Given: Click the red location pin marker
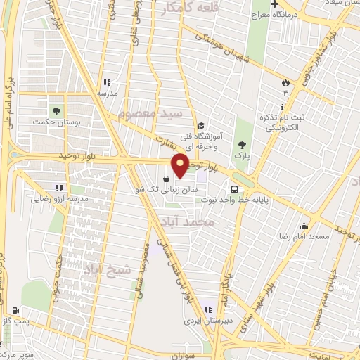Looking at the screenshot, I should pos(180,165).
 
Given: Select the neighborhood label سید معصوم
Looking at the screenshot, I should pos(150,112).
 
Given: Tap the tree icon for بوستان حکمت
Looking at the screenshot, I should pos(55,110).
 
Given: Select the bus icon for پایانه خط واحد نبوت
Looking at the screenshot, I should pos(234,188).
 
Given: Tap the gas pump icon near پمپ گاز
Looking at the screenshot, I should pos(15,309).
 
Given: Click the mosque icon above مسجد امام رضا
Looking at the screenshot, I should pos(304,226).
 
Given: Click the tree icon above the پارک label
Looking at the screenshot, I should pos(242,144).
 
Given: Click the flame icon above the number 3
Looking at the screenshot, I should pos(285,82).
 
